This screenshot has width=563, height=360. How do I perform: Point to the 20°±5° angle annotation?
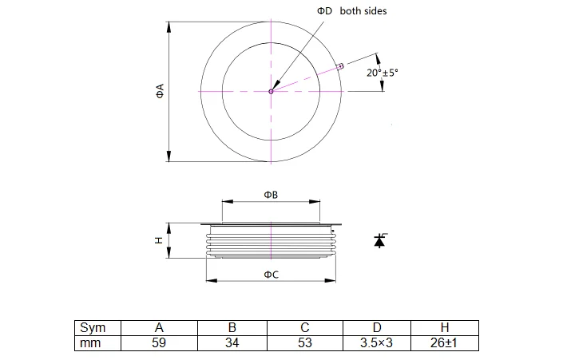(383, 72)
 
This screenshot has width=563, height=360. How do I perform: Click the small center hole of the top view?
(271, 92)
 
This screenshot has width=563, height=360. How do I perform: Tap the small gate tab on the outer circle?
(341, 66)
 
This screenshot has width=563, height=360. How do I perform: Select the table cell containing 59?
(160, 342)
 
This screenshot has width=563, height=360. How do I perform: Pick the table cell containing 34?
(232, 342)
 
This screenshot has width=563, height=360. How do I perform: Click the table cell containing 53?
(304, 342)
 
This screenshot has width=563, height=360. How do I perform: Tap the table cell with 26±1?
(443, 342)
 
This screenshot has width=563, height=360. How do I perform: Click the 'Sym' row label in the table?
(93, 328)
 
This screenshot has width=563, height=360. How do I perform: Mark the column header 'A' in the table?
(160, 328)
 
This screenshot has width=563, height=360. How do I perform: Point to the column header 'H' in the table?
(443, 328)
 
